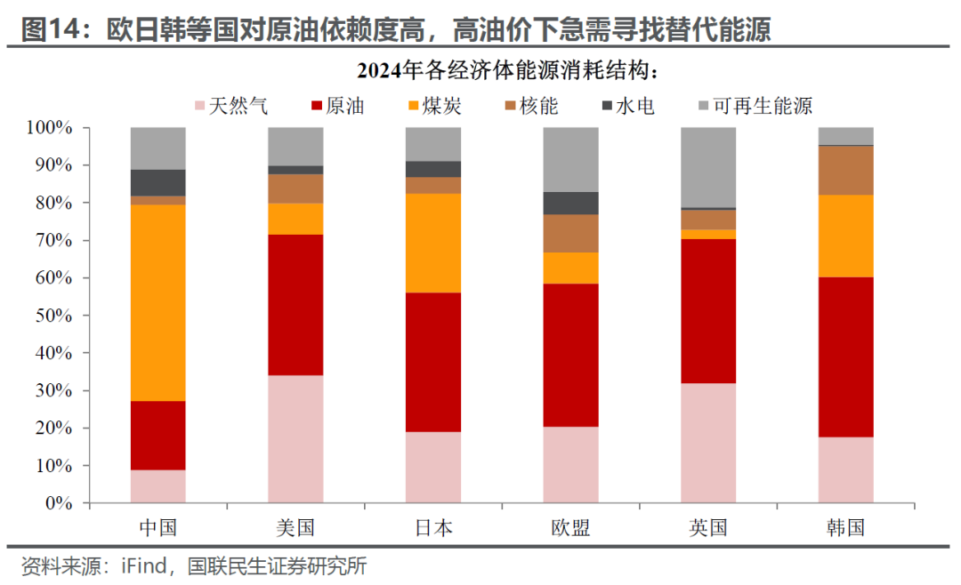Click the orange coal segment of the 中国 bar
click(157, 303)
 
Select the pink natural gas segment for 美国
click(295, 438)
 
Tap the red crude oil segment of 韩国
click(845, 357)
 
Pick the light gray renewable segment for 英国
click(708, 167)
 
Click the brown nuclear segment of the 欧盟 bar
click(570, 233)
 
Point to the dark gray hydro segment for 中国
click(157, 182)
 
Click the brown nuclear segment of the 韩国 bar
click(845, 170)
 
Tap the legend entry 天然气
click(230, 107)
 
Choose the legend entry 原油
click(335, 107)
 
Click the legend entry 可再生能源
click(754, 107)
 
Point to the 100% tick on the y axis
click(49, 128)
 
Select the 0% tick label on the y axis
click(58, 503)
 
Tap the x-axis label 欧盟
click(570, 527)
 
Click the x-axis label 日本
click(433, 527)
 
